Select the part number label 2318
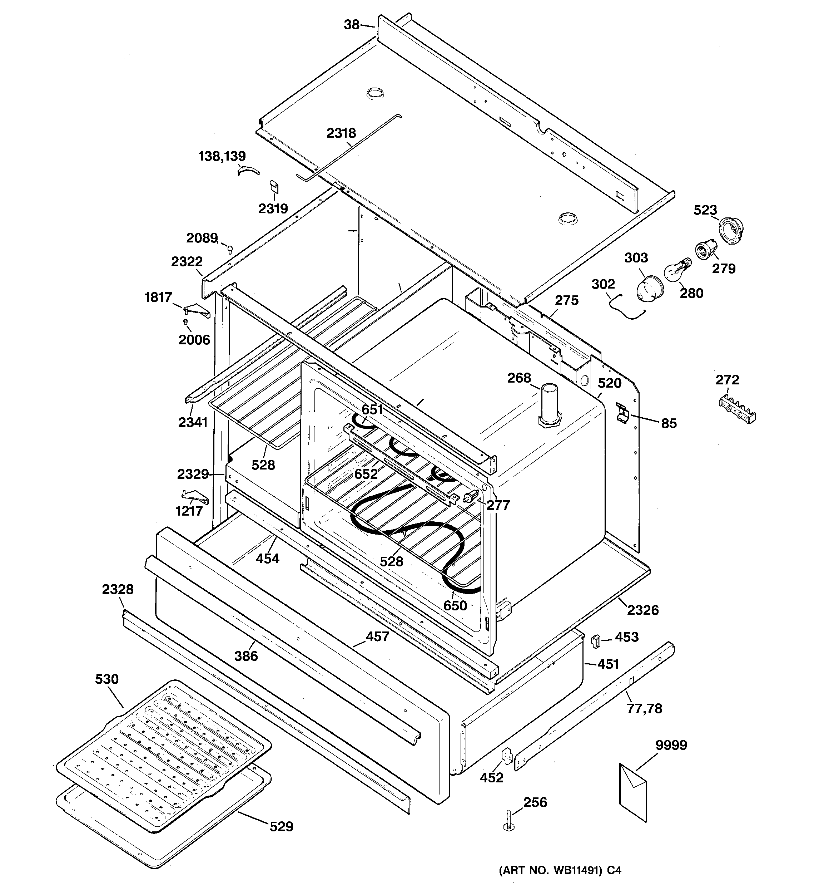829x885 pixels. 341,133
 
